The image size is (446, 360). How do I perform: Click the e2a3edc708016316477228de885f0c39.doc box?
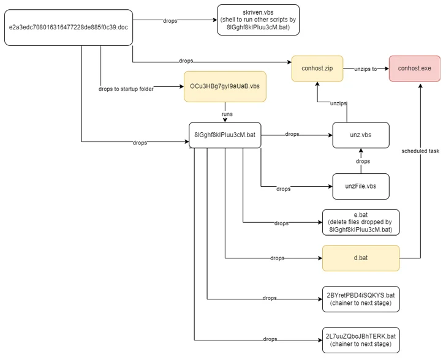coord(69,28)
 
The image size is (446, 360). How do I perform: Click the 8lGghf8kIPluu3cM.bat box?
coord(225,135)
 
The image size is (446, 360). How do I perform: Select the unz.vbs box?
coord(361,135)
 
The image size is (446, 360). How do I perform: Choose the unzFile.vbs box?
coord(361,186)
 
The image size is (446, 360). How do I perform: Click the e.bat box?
coord(360,222)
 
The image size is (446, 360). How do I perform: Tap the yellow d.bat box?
coord(360,258)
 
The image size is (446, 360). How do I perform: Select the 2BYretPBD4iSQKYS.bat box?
coord(360,298)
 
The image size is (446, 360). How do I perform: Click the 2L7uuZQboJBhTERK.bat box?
coord(360,339)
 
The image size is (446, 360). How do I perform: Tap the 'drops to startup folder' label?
coord(126,89)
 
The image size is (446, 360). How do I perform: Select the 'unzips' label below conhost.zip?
coord(338,102)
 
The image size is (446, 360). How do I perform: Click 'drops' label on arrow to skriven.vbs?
coord(170,21)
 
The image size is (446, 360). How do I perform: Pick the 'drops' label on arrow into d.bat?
coord(277,258)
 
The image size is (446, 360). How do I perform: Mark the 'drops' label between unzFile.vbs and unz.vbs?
coord(362,161)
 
